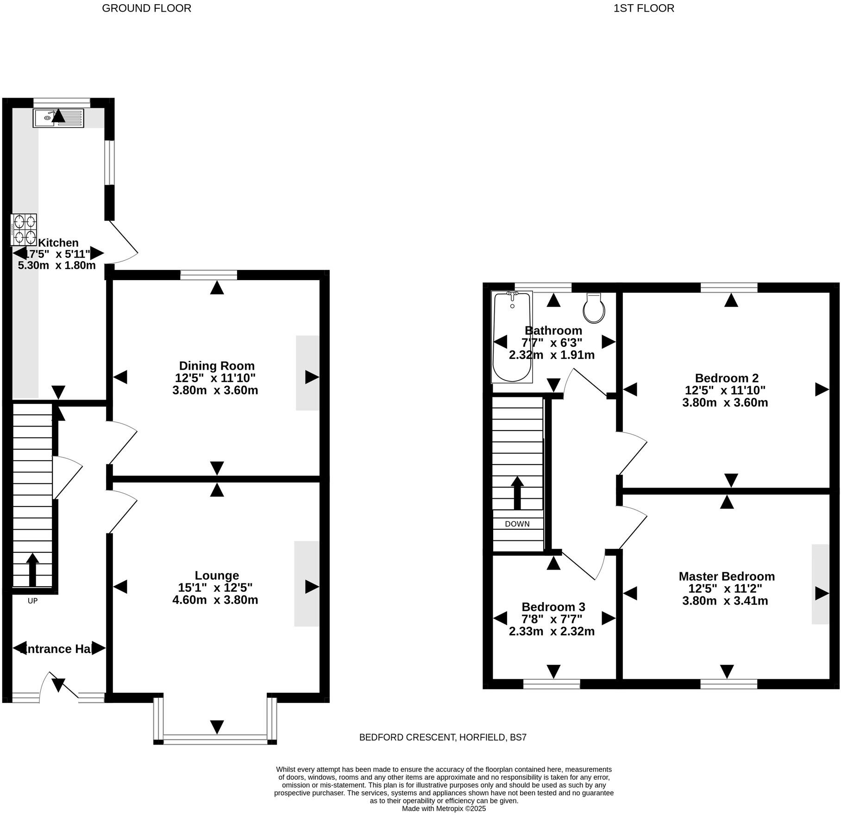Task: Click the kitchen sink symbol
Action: click(58, 118)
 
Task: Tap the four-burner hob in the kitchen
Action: click(24, 230)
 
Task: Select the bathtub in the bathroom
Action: click(512, 337)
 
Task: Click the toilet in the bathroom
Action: click(594, 308)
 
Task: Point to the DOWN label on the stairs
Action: click(517, 524)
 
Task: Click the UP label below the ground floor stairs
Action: click(32, 601)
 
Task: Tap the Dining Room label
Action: click(217, 366)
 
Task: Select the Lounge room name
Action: click(217, 575)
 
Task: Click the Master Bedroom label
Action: click(726, 576)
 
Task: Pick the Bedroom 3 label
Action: click(553, 607)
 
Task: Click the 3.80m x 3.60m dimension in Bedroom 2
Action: click(725, 402)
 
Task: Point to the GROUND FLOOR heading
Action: click(146, 8)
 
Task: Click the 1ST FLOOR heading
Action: click(644, 8)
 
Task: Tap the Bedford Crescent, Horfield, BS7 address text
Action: click(443, 737)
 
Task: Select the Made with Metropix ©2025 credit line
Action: click(444, 809)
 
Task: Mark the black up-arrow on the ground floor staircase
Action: click(32, 570)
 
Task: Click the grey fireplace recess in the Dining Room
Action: click(307, 373)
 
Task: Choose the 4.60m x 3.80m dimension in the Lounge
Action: click(215, 600)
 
